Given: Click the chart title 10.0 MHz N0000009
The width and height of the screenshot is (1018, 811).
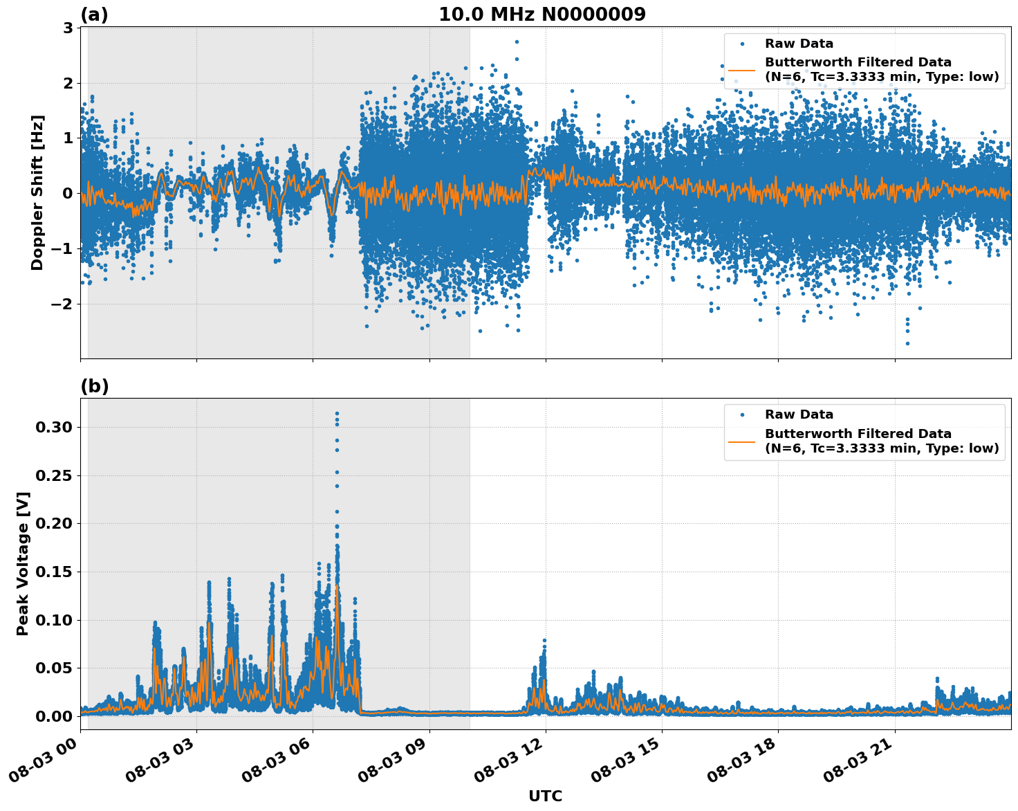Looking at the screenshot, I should tap(542, 15).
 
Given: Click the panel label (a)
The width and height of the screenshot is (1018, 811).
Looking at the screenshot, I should tap(94, 15).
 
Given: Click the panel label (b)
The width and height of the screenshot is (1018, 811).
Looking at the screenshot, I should tap(94, 386).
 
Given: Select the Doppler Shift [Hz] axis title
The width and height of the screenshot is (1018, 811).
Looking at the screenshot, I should tap(37, 192).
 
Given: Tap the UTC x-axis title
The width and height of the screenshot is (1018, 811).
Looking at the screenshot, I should tap(545, 796).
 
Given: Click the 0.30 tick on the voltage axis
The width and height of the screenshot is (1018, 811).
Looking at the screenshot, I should tap(53, 428).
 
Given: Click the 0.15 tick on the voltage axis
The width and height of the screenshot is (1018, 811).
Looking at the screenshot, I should tap(53, 572).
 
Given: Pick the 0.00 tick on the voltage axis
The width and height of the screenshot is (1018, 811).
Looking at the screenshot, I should tap(53, 716).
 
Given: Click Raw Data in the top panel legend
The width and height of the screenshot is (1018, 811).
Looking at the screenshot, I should tap(799, 44).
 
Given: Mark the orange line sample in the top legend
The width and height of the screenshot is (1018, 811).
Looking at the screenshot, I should tap(741, 70).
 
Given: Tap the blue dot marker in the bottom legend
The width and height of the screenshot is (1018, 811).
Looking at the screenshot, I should tap(741, 414).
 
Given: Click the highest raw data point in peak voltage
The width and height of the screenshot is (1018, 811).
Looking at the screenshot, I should tap(337, 414).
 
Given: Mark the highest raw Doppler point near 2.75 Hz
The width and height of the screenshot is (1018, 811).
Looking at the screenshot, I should tap(517, 42).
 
